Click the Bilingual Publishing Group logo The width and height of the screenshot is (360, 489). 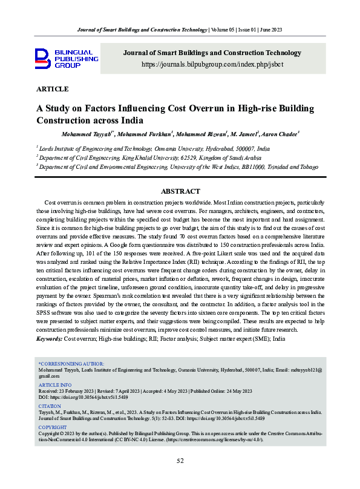click(x=66, y=59)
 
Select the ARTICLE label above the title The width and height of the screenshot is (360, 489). click(x=53, y=89)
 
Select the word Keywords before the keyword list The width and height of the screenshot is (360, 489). click(x=49, y=340)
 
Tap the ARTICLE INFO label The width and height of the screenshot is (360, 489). click(x=54, y=384)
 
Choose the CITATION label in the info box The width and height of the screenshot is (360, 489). click(x=50, y=406)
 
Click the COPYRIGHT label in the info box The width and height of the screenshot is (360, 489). click(x=53, y=427)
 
